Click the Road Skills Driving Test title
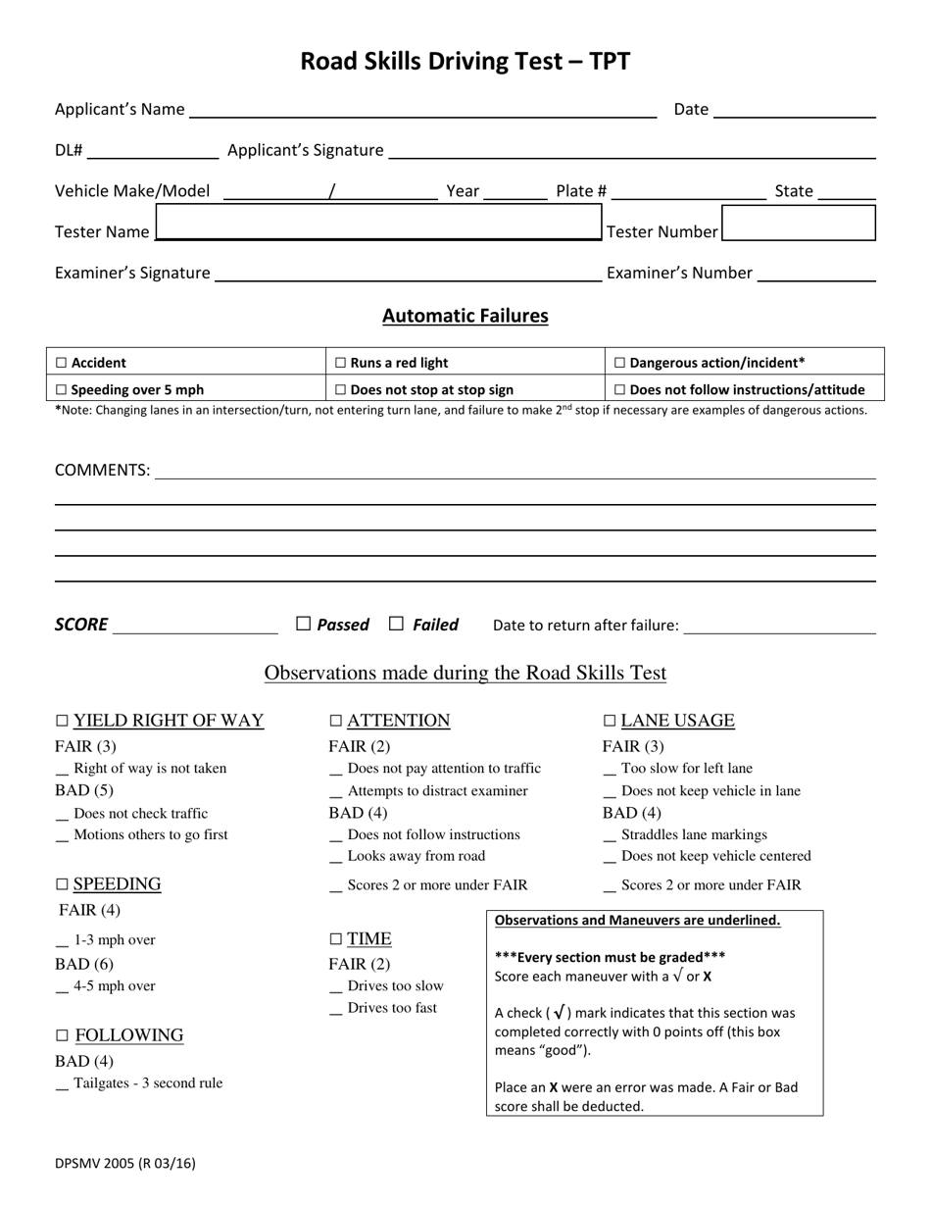pos(465,62)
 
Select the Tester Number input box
pos(798,223)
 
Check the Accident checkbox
pos(62,363)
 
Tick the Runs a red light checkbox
pos(340,363)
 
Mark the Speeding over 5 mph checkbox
pos(62,390)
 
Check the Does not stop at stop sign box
pos(340,390)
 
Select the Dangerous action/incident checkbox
pos(619,363)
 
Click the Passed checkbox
pos(304,624)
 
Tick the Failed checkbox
pos(397,624)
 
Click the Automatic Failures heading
pos(465,316)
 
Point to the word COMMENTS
pos(102,471)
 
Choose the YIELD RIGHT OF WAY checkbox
pos(63,721)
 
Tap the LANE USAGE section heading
pos(677,721)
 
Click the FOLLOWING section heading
pos(128,1035)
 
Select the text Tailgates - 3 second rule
pos(148,1083)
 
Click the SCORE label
pos(81,625)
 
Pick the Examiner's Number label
pos(679,274)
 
